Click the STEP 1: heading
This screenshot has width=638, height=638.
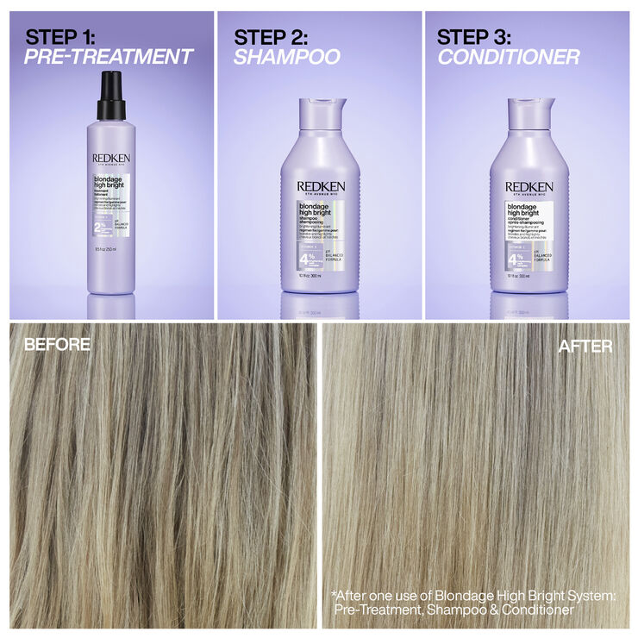point(68,37)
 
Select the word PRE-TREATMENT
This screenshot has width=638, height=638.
point(109,58)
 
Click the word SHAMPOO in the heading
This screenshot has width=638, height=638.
point(287,58)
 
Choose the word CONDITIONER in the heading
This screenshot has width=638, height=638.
point(508,58)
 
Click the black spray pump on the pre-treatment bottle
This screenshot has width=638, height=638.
point(111,95)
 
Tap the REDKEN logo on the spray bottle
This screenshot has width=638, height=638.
point(110,159)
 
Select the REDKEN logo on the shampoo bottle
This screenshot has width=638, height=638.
point(320,186)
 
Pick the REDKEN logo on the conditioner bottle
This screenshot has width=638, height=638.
point(528,186)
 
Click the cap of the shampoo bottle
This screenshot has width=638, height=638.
point(321,113)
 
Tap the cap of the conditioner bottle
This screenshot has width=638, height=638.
point(529,113)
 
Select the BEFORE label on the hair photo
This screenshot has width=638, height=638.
point(57,345)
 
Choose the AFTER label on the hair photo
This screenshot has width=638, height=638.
point(585,346)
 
